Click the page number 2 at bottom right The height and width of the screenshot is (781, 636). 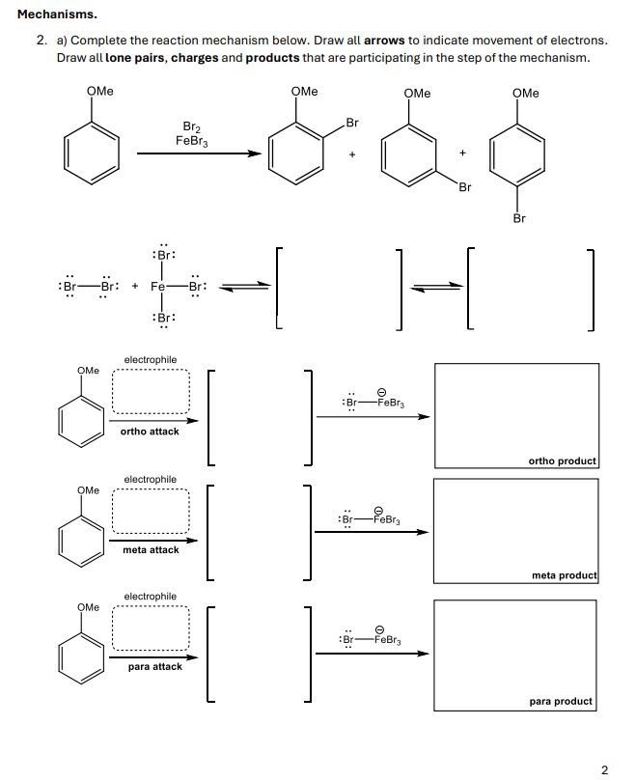coord(604,768)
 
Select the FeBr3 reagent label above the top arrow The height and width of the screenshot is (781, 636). coord(191,141)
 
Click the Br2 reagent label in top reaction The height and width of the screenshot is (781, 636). coord(191,126)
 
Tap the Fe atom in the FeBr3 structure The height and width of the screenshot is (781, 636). coord(159,287)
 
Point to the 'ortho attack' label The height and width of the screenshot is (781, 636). coord(150,432)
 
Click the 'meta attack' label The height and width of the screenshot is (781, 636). coord(151,550)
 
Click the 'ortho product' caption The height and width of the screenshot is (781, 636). coord(563,460)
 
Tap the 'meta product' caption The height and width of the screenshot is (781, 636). coord(564,576)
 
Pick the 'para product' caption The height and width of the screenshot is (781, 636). coord(561,701)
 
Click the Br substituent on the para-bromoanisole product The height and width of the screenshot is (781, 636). coord(519,218)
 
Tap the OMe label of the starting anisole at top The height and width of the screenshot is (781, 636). coord(99,92)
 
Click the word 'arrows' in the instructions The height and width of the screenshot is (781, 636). coord(384,41)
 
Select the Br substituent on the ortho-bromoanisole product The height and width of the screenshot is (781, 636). coord(351,123)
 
